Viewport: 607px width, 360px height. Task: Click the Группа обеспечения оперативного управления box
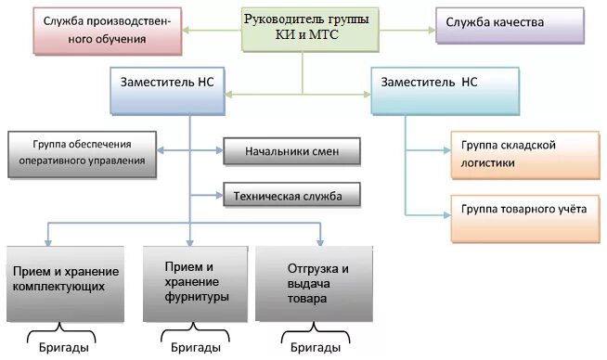point(82,153)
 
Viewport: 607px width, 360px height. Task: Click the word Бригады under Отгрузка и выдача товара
point(315,348)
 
